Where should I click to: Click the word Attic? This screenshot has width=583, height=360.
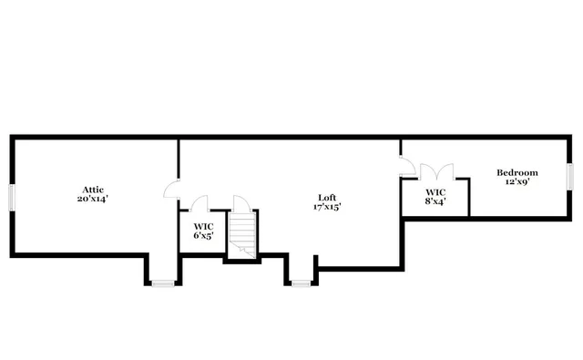[x=94, y=189]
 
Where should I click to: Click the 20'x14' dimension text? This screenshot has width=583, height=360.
[x=94, y=198]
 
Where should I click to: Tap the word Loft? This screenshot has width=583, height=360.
[x=326, y=197]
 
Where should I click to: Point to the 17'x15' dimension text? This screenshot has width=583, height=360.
[x=326, y=206]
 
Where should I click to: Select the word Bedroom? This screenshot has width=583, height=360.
[x=517, y=172]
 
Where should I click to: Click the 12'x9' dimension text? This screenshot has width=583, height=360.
[x=517, y=181]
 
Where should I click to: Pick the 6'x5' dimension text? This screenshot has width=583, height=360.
[x=202, y=235]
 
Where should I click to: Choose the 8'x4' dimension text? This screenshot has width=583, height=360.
[x=435, y=201]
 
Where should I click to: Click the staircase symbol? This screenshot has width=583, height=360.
[x=242, y=235]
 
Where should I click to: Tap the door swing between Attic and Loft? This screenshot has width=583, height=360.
[x=171, y=189]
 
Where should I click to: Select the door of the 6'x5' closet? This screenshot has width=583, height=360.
[x=200, y=204]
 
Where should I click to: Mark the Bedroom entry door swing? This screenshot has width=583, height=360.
[x=407, y=165]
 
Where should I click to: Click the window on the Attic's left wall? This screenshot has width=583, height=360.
[x=11, y=197]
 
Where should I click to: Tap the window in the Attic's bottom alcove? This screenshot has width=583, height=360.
[x=162, y=283]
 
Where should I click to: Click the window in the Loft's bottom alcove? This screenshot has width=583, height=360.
[x=302, y=283]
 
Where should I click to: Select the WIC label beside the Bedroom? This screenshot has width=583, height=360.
[x=435, y=192]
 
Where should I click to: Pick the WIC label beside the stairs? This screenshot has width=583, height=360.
[x=202, y=226]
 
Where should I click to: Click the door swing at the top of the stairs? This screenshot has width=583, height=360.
[x=241, y=203]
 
